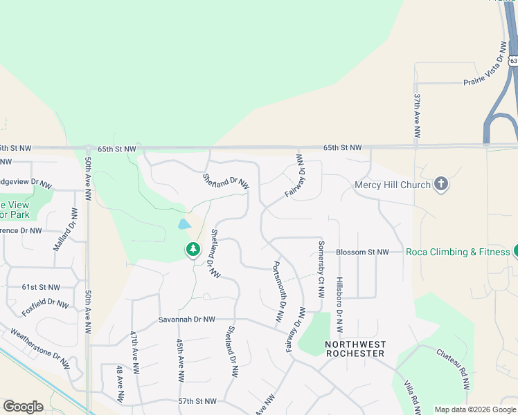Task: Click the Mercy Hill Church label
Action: (x=392, y=185)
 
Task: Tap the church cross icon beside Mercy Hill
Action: (x=440, y=184)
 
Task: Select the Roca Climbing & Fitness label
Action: (x=458, y=252)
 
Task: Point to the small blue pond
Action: (x=184, y=224)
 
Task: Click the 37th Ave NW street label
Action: (x=417, y=118)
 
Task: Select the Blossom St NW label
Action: (x=362, y=252)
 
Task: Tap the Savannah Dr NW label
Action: (x=187, y=320)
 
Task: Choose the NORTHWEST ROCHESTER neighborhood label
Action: (x=356, y=349)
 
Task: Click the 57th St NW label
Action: (x=197, y=401)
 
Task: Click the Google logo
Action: (x=23, y=407)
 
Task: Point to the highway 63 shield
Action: (x=512, y=61)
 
